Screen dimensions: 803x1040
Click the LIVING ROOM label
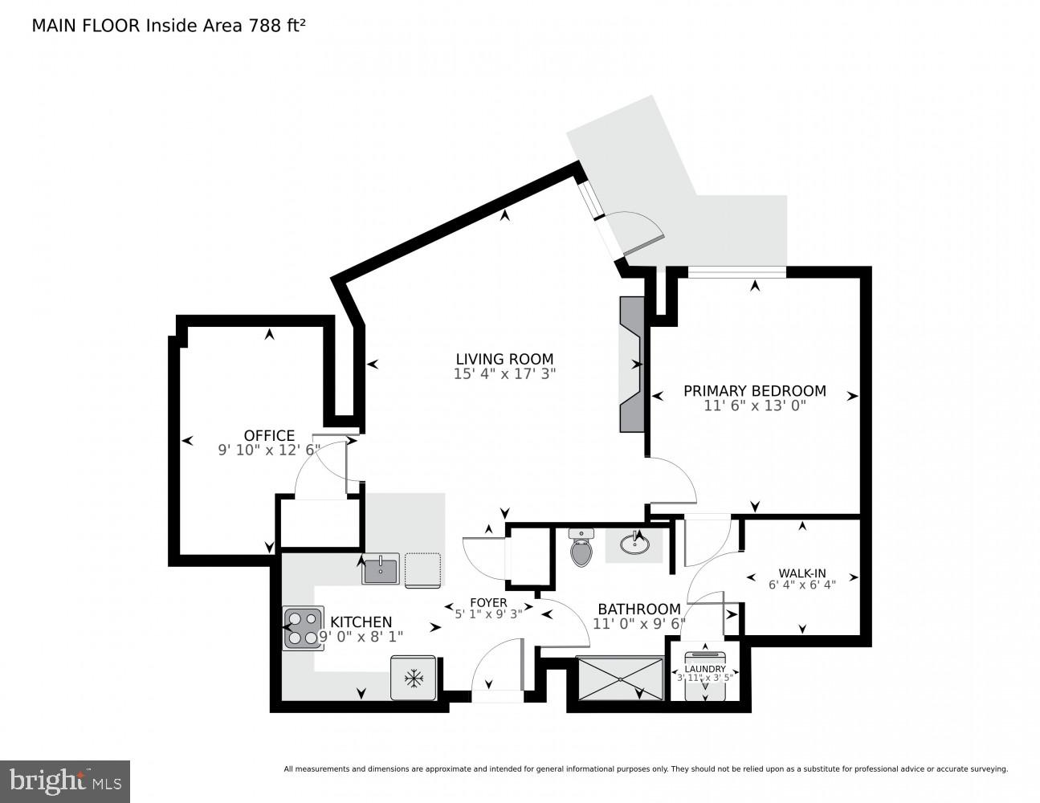[504, 359]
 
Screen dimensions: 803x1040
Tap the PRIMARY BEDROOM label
[754, 391]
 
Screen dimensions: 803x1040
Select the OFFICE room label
[269, 436]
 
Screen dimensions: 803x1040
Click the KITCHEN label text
[361, 622]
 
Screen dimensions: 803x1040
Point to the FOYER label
[488, 602]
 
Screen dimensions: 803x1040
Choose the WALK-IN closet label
[802, 573]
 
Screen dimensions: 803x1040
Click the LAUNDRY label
[705, 669]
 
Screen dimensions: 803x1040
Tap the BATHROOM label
[638, 609]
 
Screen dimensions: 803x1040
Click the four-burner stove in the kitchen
[303, 628]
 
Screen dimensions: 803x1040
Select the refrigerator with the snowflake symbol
[414, 679]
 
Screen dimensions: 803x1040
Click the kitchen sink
[381, 569]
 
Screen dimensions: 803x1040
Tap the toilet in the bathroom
[581, 548]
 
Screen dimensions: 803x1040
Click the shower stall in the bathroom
[620, 679]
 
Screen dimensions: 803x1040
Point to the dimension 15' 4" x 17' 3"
[504, 373]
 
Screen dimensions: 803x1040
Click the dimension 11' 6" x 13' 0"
[754, 406]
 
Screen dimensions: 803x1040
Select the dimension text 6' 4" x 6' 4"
[802, 585]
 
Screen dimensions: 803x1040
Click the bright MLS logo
[65, 781]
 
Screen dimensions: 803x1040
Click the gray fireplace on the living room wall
[631, 364]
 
